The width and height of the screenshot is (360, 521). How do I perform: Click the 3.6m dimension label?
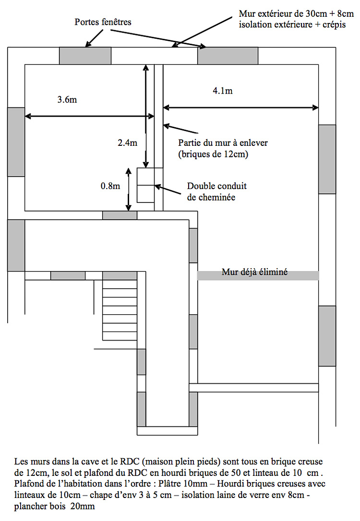click(67, 99)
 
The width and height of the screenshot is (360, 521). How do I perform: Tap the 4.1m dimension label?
click(223, 91)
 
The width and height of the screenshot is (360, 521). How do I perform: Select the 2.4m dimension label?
click(127, 143)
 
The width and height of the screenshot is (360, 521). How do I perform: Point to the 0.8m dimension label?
click(110, 186)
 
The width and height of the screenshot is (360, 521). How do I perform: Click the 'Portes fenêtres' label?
click(103, 22)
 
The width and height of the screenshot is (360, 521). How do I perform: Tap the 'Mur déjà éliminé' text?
click(254, 272)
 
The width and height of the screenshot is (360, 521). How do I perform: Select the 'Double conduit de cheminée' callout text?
click(217, 191)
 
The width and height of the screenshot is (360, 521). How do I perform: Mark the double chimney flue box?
click(145, 185)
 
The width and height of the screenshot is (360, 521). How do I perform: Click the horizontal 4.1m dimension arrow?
click(240, 107)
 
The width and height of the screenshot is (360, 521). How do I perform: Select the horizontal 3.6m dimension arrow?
click(89, 116)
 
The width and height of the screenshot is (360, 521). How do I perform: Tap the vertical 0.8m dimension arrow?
click(129, 189)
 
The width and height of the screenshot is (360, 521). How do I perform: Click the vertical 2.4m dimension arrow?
click(145, 116)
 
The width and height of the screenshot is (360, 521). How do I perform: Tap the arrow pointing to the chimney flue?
click(168, 189)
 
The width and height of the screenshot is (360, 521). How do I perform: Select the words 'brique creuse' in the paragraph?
click(297, 462)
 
